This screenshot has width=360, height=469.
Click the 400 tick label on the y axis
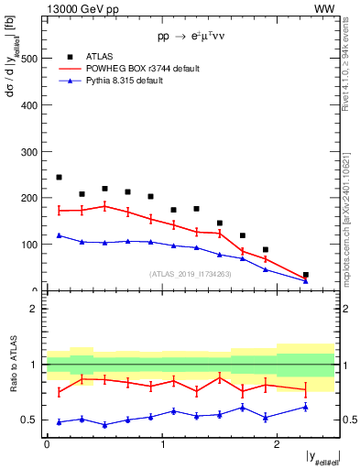tap(31, 104)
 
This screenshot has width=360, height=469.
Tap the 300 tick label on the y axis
tap(31, 151)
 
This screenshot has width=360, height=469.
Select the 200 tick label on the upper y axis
tap(31, 198)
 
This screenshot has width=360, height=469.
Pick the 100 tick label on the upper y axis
tap(31, 245)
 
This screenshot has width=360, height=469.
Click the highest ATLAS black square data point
tap(59, 178)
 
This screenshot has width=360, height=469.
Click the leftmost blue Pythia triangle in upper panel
tap(59, 235)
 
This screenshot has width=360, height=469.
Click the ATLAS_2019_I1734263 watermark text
tap(190, 273)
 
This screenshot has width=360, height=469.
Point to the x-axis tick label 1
tap(161, 443)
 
